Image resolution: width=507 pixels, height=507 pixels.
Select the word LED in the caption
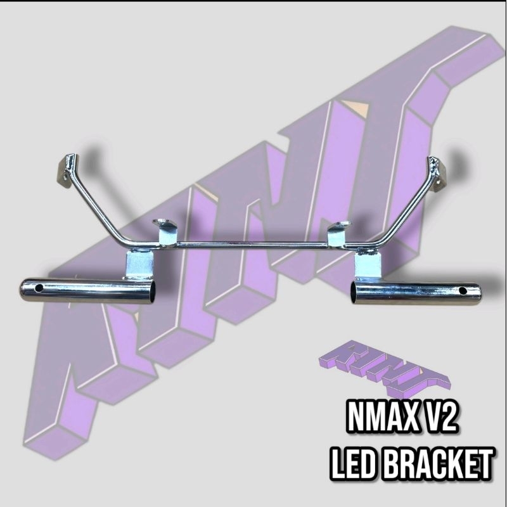tap(355, 463)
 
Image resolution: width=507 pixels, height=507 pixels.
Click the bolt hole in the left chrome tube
tap(39, 288)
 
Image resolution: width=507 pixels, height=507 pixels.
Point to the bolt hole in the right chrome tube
tap(463, 291)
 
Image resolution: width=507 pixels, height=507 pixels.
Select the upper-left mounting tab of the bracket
tap(68, 170)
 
